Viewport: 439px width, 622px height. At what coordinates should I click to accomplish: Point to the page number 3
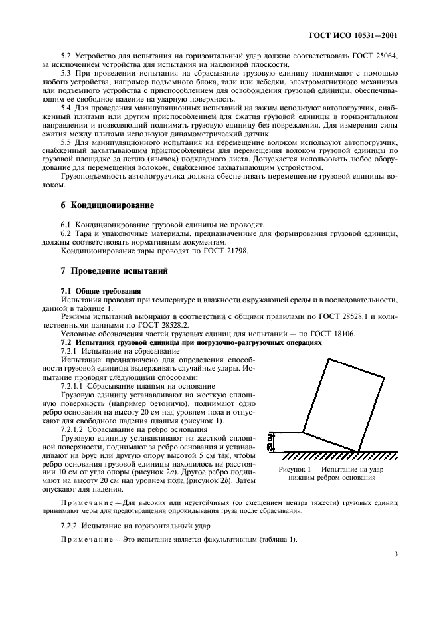click(395, 552)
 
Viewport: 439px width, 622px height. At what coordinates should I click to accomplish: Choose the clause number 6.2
click(67, 235)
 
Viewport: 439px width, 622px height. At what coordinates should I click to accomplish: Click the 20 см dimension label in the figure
click(270, 443)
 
